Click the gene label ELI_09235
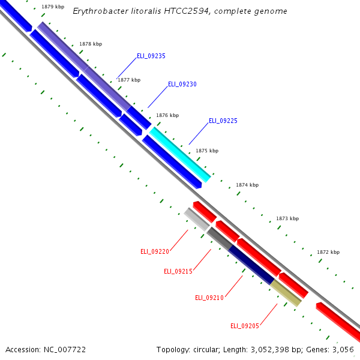pos(151,56)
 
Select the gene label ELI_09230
pos(182,85)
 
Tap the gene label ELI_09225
pos(223,121)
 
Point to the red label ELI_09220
pos(155,251)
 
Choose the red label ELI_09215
pos(178,271)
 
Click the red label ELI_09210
pos(209,298)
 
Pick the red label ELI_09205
pos(245,326)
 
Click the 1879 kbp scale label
pos(53,7)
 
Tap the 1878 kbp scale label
pos(91,44)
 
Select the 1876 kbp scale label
pos(167,115)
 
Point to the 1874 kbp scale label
pos(247,185)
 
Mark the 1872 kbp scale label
pos(328,252)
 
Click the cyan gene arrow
pos(180,154)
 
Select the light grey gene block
pos(196,218)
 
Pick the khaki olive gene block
pos(286,293)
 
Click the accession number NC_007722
pos(65,349)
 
